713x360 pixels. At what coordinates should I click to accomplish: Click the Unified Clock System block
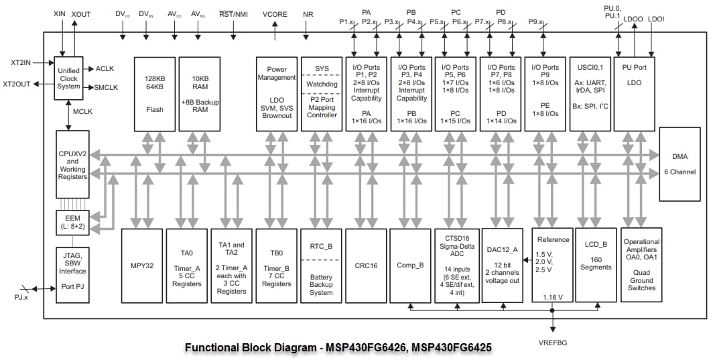coord(68,78)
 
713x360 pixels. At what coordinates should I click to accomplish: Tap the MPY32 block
coord(141,265)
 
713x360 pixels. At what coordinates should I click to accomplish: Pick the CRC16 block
coord(366,265)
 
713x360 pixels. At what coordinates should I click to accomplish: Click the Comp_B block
coord(411,265)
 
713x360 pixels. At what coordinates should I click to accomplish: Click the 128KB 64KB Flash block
coord(155,93)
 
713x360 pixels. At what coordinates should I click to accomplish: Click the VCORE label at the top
coord(275,14)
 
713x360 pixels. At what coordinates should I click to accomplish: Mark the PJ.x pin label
coord(22,295)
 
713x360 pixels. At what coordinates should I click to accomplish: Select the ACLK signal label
coord(105,69)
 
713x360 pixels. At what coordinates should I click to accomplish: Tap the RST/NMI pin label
coord(233,14)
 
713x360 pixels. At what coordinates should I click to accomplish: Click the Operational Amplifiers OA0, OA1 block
coord(641,265)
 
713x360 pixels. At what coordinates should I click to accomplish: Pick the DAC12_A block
coord(503,265)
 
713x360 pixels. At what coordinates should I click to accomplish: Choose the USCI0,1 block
coord(590,93)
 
